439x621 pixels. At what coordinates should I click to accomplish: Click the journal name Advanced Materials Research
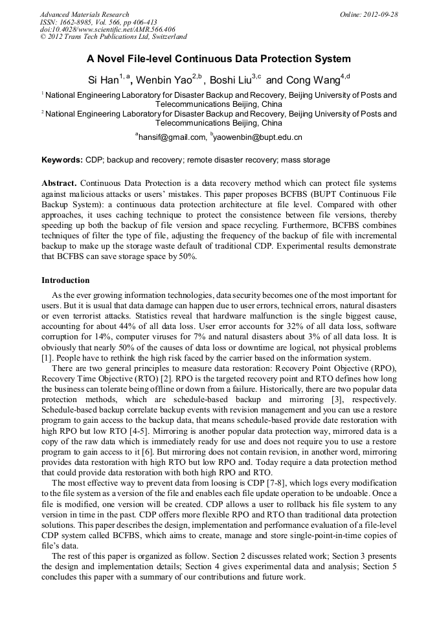tap(84, 14)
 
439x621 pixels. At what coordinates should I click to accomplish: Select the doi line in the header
tap(107, 29)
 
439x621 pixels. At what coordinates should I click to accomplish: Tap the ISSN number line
tap(98, 22)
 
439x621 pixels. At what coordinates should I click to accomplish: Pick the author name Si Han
tap(103, 80)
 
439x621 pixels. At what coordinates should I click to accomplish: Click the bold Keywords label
tap(62, 160)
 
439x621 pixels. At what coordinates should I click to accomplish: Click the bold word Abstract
tap(59, 183)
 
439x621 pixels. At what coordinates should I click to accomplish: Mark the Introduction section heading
tap(65, 280)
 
